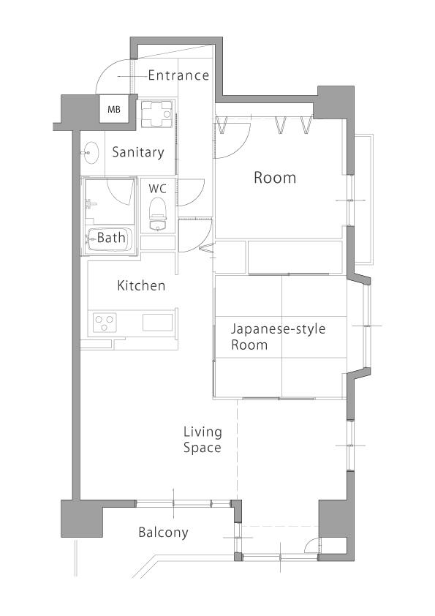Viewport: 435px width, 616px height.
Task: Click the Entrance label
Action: tap(178, 75)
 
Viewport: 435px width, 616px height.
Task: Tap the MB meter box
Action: tap(114, 110)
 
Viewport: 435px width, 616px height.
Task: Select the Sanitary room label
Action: tap(137, 152)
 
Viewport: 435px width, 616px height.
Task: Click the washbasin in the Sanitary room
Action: tap(91, 152)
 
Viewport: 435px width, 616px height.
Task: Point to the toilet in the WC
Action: tap(157, 214)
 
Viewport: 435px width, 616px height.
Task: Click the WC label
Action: tap(157, 189)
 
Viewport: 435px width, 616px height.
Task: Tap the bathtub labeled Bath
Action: tap(109, 238)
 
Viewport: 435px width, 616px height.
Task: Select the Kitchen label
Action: tap(141, 285)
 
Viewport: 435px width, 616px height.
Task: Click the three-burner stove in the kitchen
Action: tap(105, 323)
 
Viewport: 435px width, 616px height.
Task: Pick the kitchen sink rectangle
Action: tap(157, 323)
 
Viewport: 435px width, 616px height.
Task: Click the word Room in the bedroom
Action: tap(275, 178)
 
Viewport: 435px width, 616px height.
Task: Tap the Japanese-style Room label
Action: tap(278, 337)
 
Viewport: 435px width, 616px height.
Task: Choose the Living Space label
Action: tap(203, 440)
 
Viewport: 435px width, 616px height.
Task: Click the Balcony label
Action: tap(163, 533)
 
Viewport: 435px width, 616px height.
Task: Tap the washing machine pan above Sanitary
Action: tap(157, 114)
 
